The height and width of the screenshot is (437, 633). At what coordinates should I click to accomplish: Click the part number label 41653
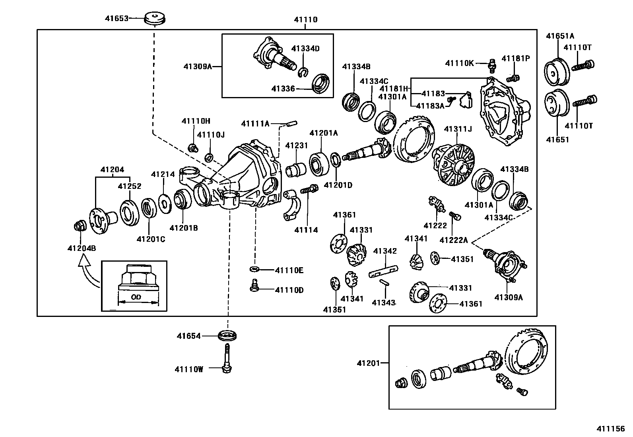117,18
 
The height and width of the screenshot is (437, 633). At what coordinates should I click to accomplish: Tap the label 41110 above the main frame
306,19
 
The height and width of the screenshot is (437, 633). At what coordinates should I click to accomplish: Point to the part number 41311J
458,129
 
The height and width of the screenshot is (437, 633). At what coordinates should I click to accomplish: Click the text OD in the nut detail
136,297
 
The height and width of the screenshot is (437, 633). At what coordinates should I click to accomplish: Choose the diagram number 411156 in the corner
610,429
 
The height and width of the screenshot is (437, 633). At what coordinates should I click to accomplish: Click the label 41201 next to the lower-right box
368,363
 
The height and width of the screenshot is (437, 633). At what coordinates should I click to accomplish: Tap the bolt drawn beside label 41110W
228,358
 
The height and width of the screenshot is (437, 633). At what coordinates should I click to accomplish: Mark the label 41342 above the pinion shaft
385,251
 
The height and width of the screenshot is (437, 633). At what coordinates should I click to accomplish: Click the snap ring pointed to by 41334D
303,72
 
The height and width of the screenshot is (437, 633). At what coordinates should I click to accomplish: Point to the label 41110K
460,63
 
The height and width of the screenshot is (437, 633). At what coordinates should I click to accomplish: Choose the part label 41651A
560,35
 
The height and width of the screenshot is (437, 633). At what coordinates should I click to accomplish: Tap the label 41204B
82,249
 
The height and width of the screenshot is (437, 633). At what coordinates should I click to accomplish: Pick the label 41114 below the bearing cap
306,230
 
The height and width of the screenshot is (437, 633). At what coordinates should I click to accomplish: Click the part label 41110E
289,270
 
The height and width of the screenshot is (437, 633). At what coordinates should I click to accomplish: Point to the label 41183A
430,106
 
